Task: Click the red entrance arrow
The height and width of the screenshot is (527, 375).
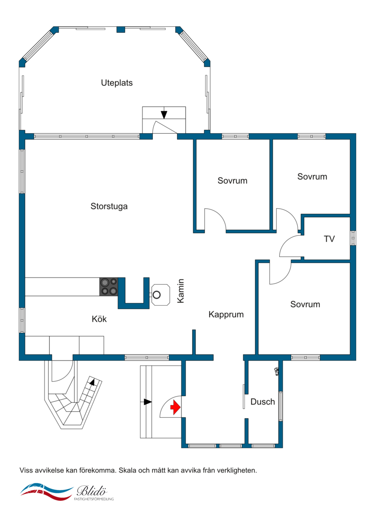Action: [x=175, y=407]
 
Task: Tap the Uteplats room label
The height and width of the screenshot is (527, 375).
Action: [x=117, y=83]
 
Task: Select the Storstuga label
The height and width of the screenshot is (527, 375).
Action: [x=109, y=206]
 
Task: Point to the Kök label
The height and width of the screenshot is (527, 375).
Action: [x=99, y=319]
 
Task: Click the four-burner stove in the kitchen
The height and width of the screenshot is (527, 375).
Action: [x=109, y=286]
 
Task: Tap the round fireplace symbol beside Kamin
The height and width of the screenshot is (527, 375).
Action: [x=157, y=295]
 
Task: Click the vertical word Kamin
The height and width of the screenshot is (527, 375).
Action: [x=181, y=291]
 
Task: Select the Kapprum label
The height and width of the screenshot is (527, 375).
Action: [x=226, y=315]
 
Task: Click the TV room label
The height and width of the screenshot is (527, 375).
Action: [x=330, y=239]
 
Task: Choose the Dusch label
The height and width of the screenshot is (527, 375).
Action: [x=263, y=402]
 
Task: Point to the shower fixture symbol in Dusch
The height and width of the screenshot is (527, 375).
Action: [x=277, y=371]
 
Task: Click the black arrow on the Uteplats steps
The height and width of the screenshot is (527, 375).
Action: [x=164, y=114]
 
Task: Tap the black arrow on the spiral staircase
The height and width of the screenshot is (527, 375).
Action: [x=92, y=382]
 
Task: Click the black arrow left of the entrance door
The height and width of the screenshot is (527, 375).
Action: [x=148, y=402]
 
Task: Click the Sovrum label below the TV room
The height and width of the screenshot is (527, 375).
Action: [x=305, y=304]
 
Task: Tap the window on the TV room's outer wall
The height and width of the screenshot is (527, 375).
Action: [x=353, y=238]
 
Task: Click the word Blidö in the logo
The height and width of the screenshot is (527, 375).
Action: [x=92, y=491]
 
